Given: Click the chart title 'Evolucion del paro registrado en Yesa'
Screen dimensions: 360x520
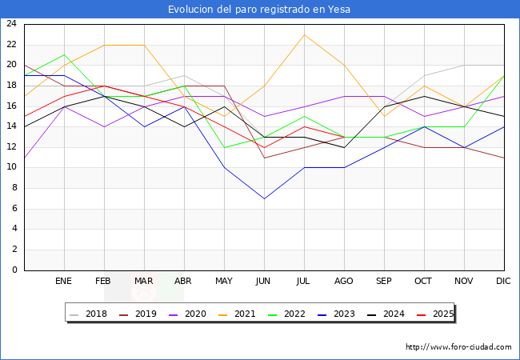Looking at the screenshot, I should click(259, 10).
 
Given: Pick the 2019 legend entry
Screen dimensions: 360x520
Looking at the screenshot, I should click(141, 314).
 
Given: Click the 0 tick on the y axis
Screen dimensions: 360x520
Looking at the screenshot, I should click(14, 270).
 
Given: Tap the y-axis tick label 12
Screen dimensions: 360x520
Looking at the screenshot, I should click(11, 147).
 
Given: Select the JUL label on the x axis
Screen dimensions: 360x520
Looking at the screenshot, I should click(304, 282).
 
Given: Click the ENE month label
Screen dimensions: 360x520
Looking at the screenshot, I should click(64, 282).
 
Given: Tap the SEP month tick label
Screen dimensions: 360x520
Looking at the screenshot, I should click(384, 282).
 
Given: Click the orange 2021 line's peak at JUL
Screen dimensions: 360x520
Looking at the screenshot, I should click(304, 34).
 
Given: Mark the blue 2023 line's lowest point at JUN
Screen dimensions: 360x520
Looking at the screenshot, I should click(264, 198).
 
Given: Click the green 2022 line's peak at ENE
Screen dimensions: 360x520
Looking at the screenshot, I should click(64, 55).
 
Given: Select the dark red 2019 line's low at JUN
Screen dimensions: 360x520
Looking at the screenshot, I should click(264, 158).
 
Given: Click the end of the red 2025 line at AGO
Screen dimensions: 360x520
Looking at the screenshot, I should click(344, 137).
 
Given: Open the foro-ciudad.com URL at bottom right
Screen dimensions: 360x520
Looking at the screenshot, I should click(458, 347).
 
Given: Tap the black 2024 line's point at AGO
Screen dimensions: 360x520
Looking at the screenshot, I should click(344, 147).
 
